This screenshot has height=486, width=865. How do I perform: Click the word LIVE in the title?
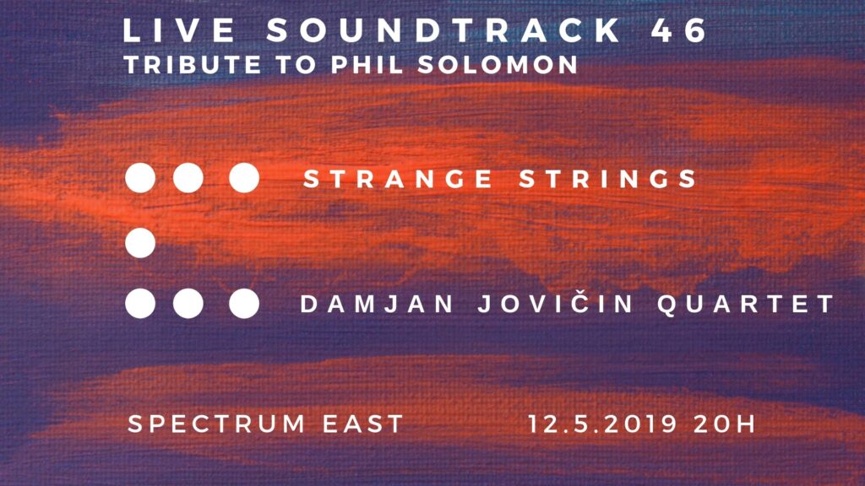(179, 30)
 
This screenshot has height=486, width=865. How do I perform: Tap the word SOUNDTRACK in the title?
(444, 30)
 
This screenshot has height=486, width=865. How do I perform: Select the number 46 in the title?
(679, 30)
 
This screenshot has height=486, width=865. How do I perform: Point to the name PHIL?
(367, 65)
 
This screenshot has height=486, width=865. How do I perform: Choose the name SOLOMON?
(498, 65)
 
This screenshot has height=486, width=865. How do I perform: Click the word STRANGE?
(399, 179)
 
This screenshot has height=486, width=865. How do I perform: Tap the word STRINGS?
(608, 179)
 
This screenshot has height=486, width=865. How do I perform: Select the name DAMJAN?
(377, 304)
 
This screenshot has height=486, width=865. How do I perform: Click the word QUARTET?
(746, 304)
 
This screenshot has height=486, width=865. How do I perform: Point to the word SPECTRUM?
(216, 424)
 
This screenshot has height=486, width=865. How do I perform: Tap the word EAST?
(363, 424)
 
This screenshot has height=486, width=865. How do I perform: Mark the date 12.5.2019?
(602, 424)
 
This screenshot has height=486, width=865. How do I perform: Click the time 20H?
(724, 424)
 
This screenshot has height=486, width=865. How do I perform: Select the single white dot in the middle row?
(140, 243)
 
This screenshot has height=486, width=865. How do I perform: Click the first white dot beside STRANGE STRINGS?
(140, 178)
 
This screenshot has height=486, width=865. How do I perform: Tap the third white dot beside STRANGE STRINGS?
(244, 178)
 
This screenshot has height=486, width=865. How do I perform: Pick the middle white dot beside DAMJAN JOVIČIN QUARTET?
(188, 304)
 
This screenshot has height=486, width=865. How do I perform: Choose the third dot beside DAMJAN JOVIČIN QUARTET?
(244, 304)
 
